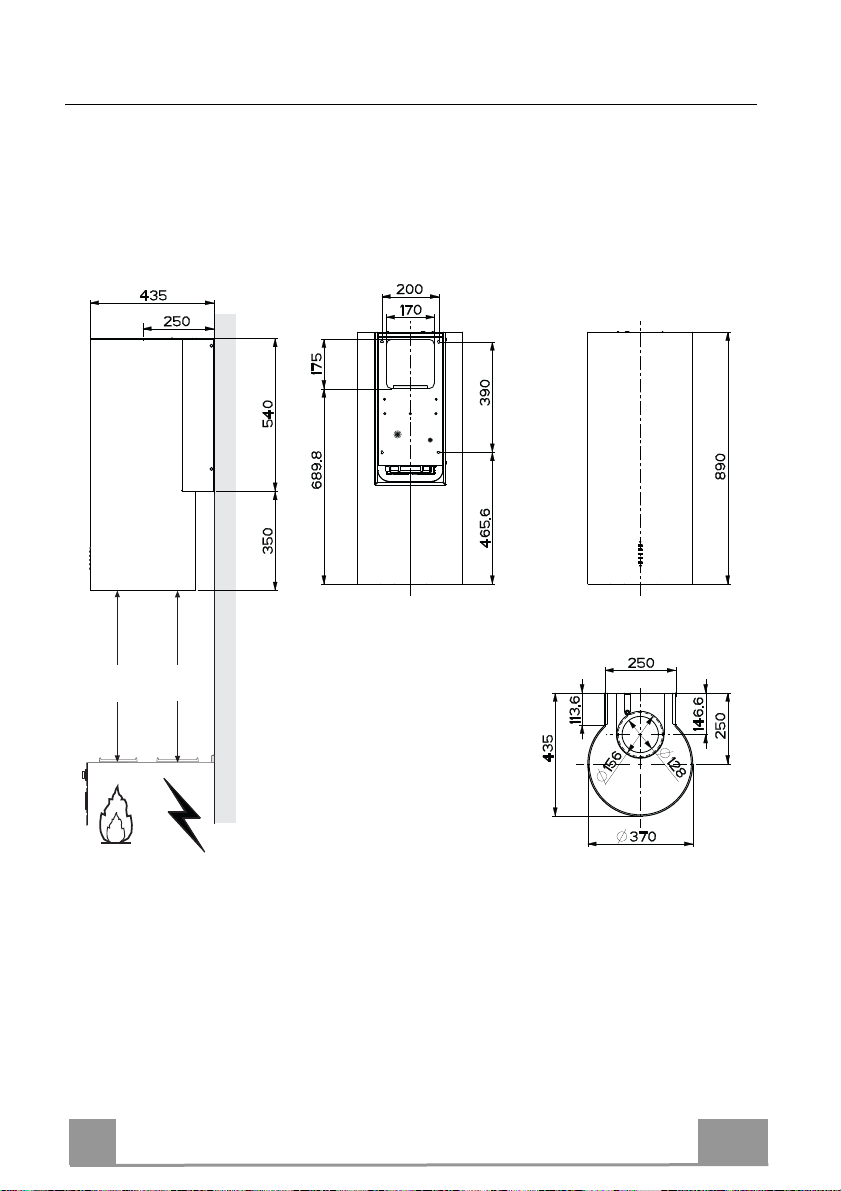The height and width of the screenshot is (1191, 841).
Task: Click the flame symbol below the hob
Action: (116, 816)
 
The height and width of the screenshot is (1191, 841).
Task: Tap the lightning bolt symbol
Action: (185, 814)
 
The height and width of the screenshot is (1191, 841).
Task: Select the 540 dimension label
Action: (268, 415)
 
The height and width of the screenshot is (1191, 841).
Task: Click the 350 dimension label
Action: (268, 541)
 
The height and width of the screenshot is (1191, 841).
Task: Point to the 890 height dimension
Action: (721, 466)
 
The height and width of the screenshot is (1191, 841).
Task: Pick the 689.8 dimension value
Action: (318, 469)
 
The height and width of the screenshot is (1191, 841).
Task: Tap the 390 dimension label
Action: (486, 393)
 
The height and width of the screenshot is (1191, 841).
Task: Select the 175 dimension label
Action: (318, 362)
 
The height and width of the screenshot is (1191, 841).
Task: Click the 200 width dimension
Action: (409, 289)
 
